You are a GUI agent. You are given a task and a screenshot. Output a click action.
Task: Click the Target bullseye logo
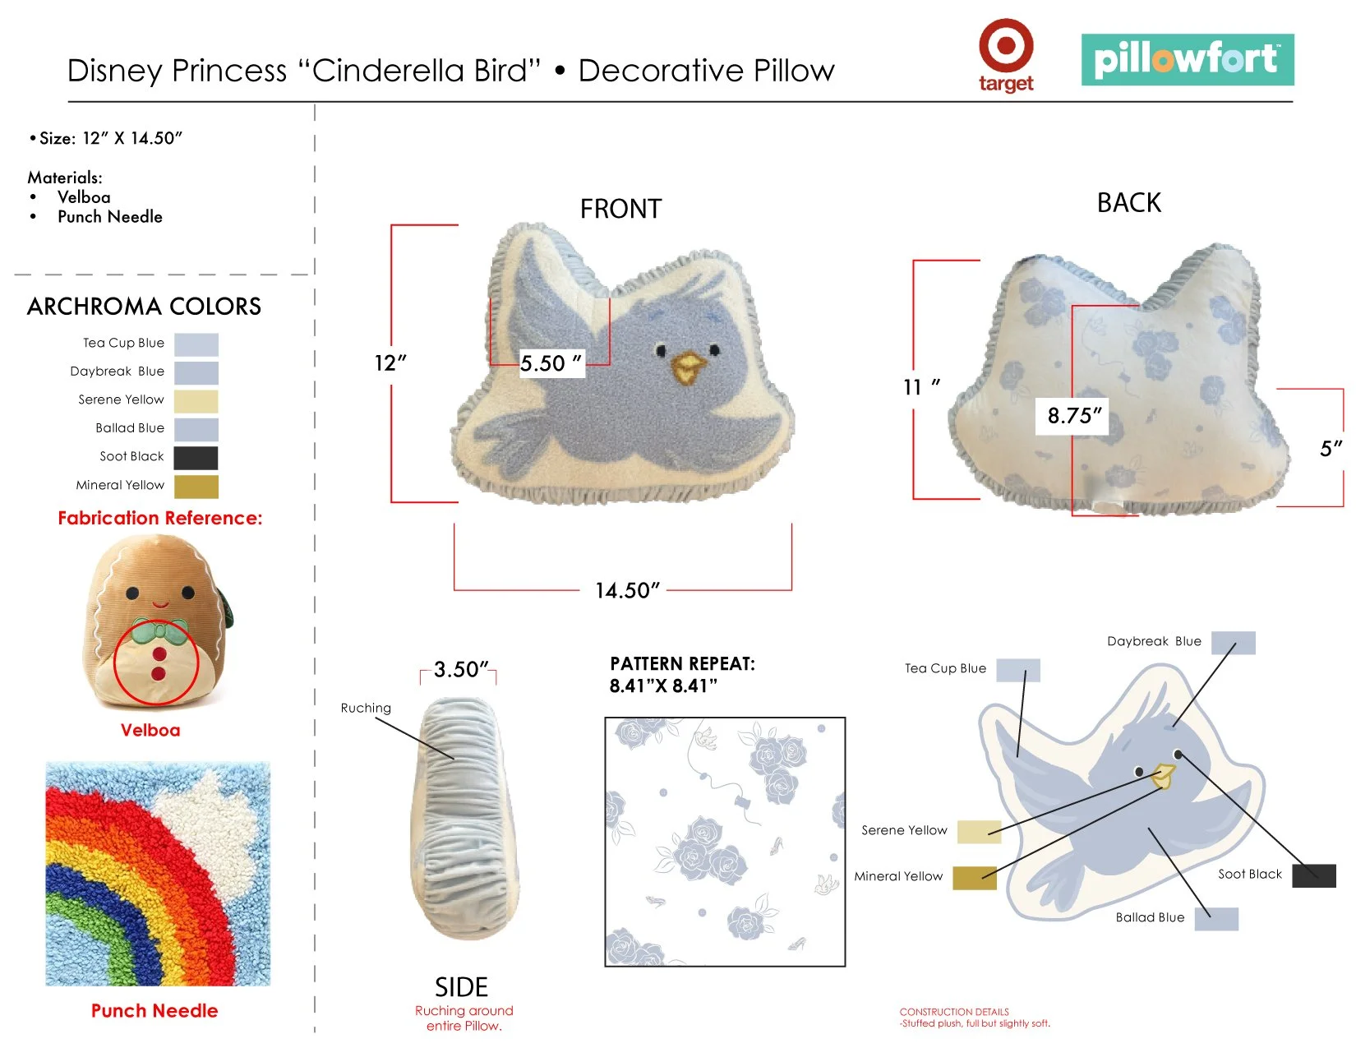(x=1005, y=46)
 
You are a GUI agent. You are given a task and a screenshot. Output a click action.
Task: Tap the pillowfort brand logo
(x=1187, y=59)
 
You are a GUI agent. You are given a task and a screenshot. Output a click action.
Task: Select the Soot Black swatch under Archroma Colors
(x=196, y=457)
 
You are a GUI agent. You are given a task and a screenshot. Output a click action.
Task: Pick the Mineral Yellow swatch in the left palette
(x=196, y=486)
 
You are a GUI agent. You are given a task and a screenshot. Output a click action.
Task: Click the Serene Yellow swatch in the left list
(x=196, y=401)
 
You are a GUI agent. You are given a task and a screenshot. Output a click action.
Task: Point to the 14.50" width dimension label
(x=627, y=590)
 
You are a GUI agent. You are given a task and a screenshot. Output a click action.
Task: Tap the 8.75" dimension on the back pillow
(x=1073, y=415)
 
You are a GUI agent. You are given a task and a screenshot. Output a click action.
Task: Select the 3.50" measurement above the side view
(x=460, y=669)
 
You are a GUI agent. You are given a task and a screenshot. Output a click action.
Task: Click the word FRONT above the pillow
(x=620, y=209)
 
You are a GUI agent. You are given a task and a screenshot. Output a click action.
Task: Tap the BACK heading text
(x=1128, y=203)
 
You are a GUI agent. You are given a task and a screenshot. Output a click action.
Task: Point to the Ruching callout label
(x=366, y=708)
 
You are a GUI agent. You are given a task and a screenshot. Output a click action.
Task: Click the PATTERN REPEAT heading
(x=682, y=664)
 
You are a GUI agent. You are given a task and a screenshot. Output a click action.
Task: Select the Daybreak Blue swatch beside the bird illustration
(x=1233, y=643)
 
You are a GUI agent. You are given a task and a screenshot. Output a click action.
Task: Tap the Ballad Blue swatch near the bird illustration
(x=1215, y=919)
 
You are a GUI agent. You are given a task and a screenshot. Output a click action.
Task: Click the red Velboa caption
(x=150, y=730)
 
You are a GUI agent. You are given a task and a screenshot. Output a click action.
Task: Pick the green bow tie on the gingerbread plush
(x=160, y=631)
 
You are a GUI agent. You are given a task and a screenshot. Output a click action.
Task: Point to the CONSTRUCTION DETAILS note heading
(x=953, y=1012)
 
